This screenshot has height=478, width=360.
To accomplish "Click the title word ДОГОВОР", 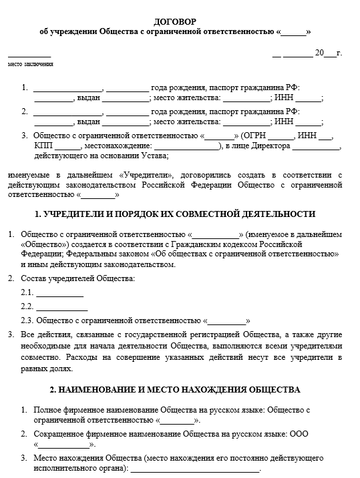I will [x=179, y=21].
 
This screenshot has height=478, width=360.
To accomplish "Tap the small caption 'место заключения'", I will [x=30, y=65].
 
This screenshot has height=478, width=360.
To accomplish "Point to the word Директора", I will [x=271, y=146].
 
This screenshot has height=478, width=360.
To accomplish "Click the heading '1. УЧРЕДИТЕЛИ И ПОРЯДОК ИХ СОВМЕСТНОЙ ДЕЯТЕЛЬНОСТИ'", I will [x=174, y=214].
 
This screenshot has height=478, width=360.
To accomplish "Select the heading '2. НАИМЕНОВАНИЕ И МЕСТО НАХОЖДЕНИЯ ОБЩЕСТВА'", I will [x=175, y=389].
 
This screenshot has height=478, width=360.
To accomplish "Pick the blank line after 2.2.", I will [x=61, y=308].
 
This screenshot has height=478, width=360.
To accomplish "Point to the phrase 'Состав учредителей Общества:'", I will [x=77, y=277].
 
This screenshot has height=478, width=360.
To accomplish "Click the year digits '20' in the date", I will [x=319, y=53].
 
